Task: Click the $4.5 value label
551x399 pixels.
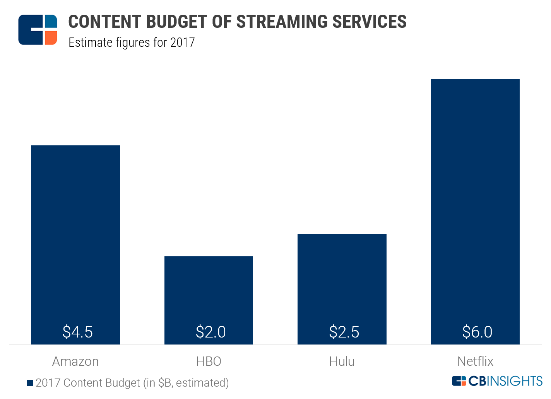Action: (78, 332)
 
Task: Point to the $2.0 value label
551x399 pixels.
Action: (211, 332)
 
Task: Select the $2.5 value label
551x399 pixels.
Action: (344, 332)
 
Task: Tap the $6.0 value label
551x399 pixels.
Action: (477, 332)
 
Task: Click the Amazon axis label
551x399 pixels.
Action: (75, 361)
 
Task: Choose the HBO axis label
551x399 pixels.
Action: (209, 361)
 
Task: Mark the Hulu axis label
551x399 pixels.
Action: (342, 361)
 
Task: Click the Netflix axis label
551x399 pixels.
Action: (475, 361)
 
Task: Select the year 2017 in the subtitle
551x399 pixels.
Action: (182, 42)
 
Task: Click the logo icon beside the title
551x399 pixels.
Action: (38, 30)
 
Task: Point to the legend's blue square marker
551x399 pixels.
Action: (30, 383)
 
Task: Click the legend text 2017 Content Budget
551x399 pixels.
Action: (88, 383)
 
